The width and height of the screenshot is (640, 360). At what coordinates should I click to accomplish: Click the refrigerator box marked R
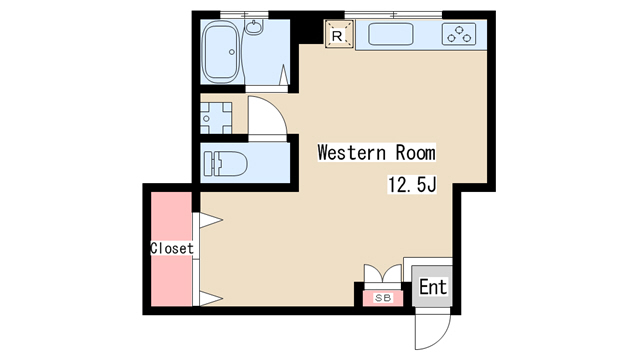(339, 34)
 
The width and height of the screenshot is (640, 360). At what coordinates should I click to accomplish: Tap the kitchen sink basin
(391, 34)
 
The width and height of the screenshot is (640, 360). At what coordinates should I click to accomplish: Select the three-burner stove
(459, 34)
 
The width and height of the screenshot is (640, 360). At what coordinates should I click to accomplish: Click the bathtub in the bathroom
(221, 52)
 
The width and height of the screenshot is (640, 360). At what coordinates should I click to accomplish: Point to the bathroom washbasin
(254, 27)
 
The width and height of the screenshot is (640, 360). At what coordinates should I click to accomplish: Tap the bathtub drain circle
(232, 52)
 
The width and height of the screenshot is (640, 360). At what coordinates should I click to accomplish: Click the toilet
(225, 164)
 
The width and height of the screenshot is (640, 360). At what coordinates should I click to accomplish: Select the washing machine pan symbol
(216, 118)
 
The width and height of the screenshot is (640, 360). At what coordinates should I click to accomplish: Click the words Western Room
(376, 153)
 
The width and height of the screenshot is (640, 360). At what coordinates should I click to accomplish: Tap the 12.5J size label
(412, 184)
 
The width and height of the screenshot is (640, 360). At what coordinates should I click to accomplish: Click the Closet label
(172, 248)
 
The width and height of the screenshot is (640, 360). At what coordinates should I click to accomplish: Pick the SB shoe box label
(383, 298)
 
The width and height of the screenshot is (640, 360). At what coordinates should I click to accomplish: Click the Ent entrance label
(433, 287)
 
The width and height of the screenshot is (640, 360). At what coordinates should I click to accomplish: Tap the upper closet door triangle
(211, 220)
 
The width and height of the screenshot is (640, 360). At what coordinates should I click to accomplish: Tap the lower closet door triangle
(211, 298)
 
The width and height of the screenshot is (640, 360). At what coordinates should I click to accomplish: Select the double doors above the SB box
(383, 273)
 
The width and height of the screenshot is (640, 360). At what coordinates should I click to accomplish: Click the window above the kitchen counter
(393, 15)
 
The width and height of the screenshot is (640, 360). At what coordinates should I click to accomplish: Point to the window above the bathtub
(244, 15)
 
